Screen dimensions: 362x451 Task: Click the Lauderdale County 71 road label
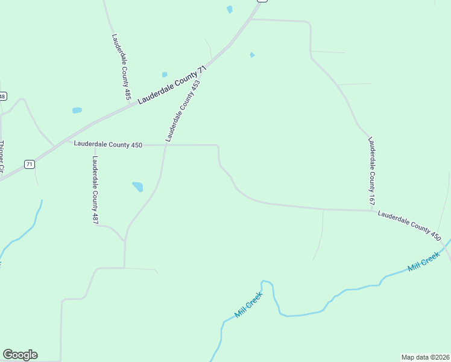tap(172, 85)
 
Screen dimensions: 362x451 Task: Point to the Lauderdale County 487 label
tap(95, 190)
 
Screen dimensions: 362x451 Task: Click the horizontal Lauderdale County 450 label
tap(108, 145)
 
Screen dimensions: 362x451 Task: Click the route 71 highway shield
tap(29, 164)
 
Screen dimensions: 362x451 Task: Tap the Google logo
tap(20, 355)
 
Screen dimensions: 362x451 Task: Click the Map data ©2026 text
tap(425, 357)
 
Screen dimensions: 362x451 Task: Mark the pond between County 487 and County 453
tap(138, 186)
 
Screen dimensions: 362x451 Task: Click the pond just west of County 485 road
tap(77, 110)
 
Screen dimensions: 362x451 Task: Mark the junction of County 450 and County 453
tap(166, 145)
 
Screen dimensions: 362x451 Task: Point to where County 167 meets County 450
tap(371, 211)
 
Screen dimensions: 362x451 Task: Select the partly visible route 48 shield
tap(2, 97)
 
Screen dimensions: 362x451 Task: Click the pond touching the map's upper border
tap(229, 9)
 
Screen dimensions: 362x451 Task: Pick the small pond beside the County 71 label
tap(165, 75)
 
